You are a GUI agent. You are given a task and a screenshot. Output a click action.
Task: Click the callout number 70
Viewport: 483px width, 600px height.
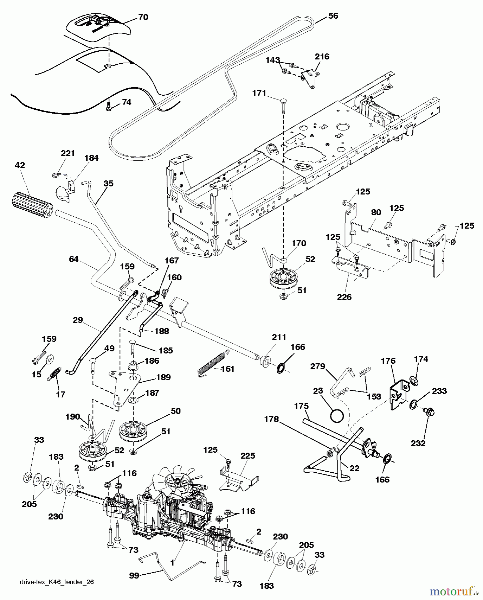click(143, 17)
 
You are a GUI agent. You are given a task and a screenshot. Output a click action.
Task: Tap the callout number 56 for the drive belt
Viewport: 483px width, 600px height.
click(333, 16)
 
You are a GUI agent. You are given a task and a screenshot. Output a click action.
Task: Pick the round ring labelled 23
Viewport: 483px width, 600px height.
click(337, 416)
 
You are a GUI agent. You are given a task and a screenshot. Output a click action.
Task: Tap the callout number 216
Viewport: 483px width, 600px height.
click(322, 57)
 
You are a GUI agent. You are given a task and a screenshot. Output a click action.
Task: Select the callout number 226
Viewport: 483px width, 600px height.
click(344, 297)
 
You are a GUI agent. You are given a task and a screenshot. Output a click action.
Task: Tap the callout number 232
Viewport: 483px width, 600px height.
click(418, 443)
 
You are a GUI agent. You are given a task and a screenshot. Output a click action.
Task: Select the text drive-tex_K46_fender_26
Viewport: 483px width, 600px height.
click(57, 582)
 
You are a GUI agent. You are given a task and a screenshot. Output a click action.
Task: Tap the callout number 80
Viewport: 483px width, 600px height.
click(376, 212)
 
